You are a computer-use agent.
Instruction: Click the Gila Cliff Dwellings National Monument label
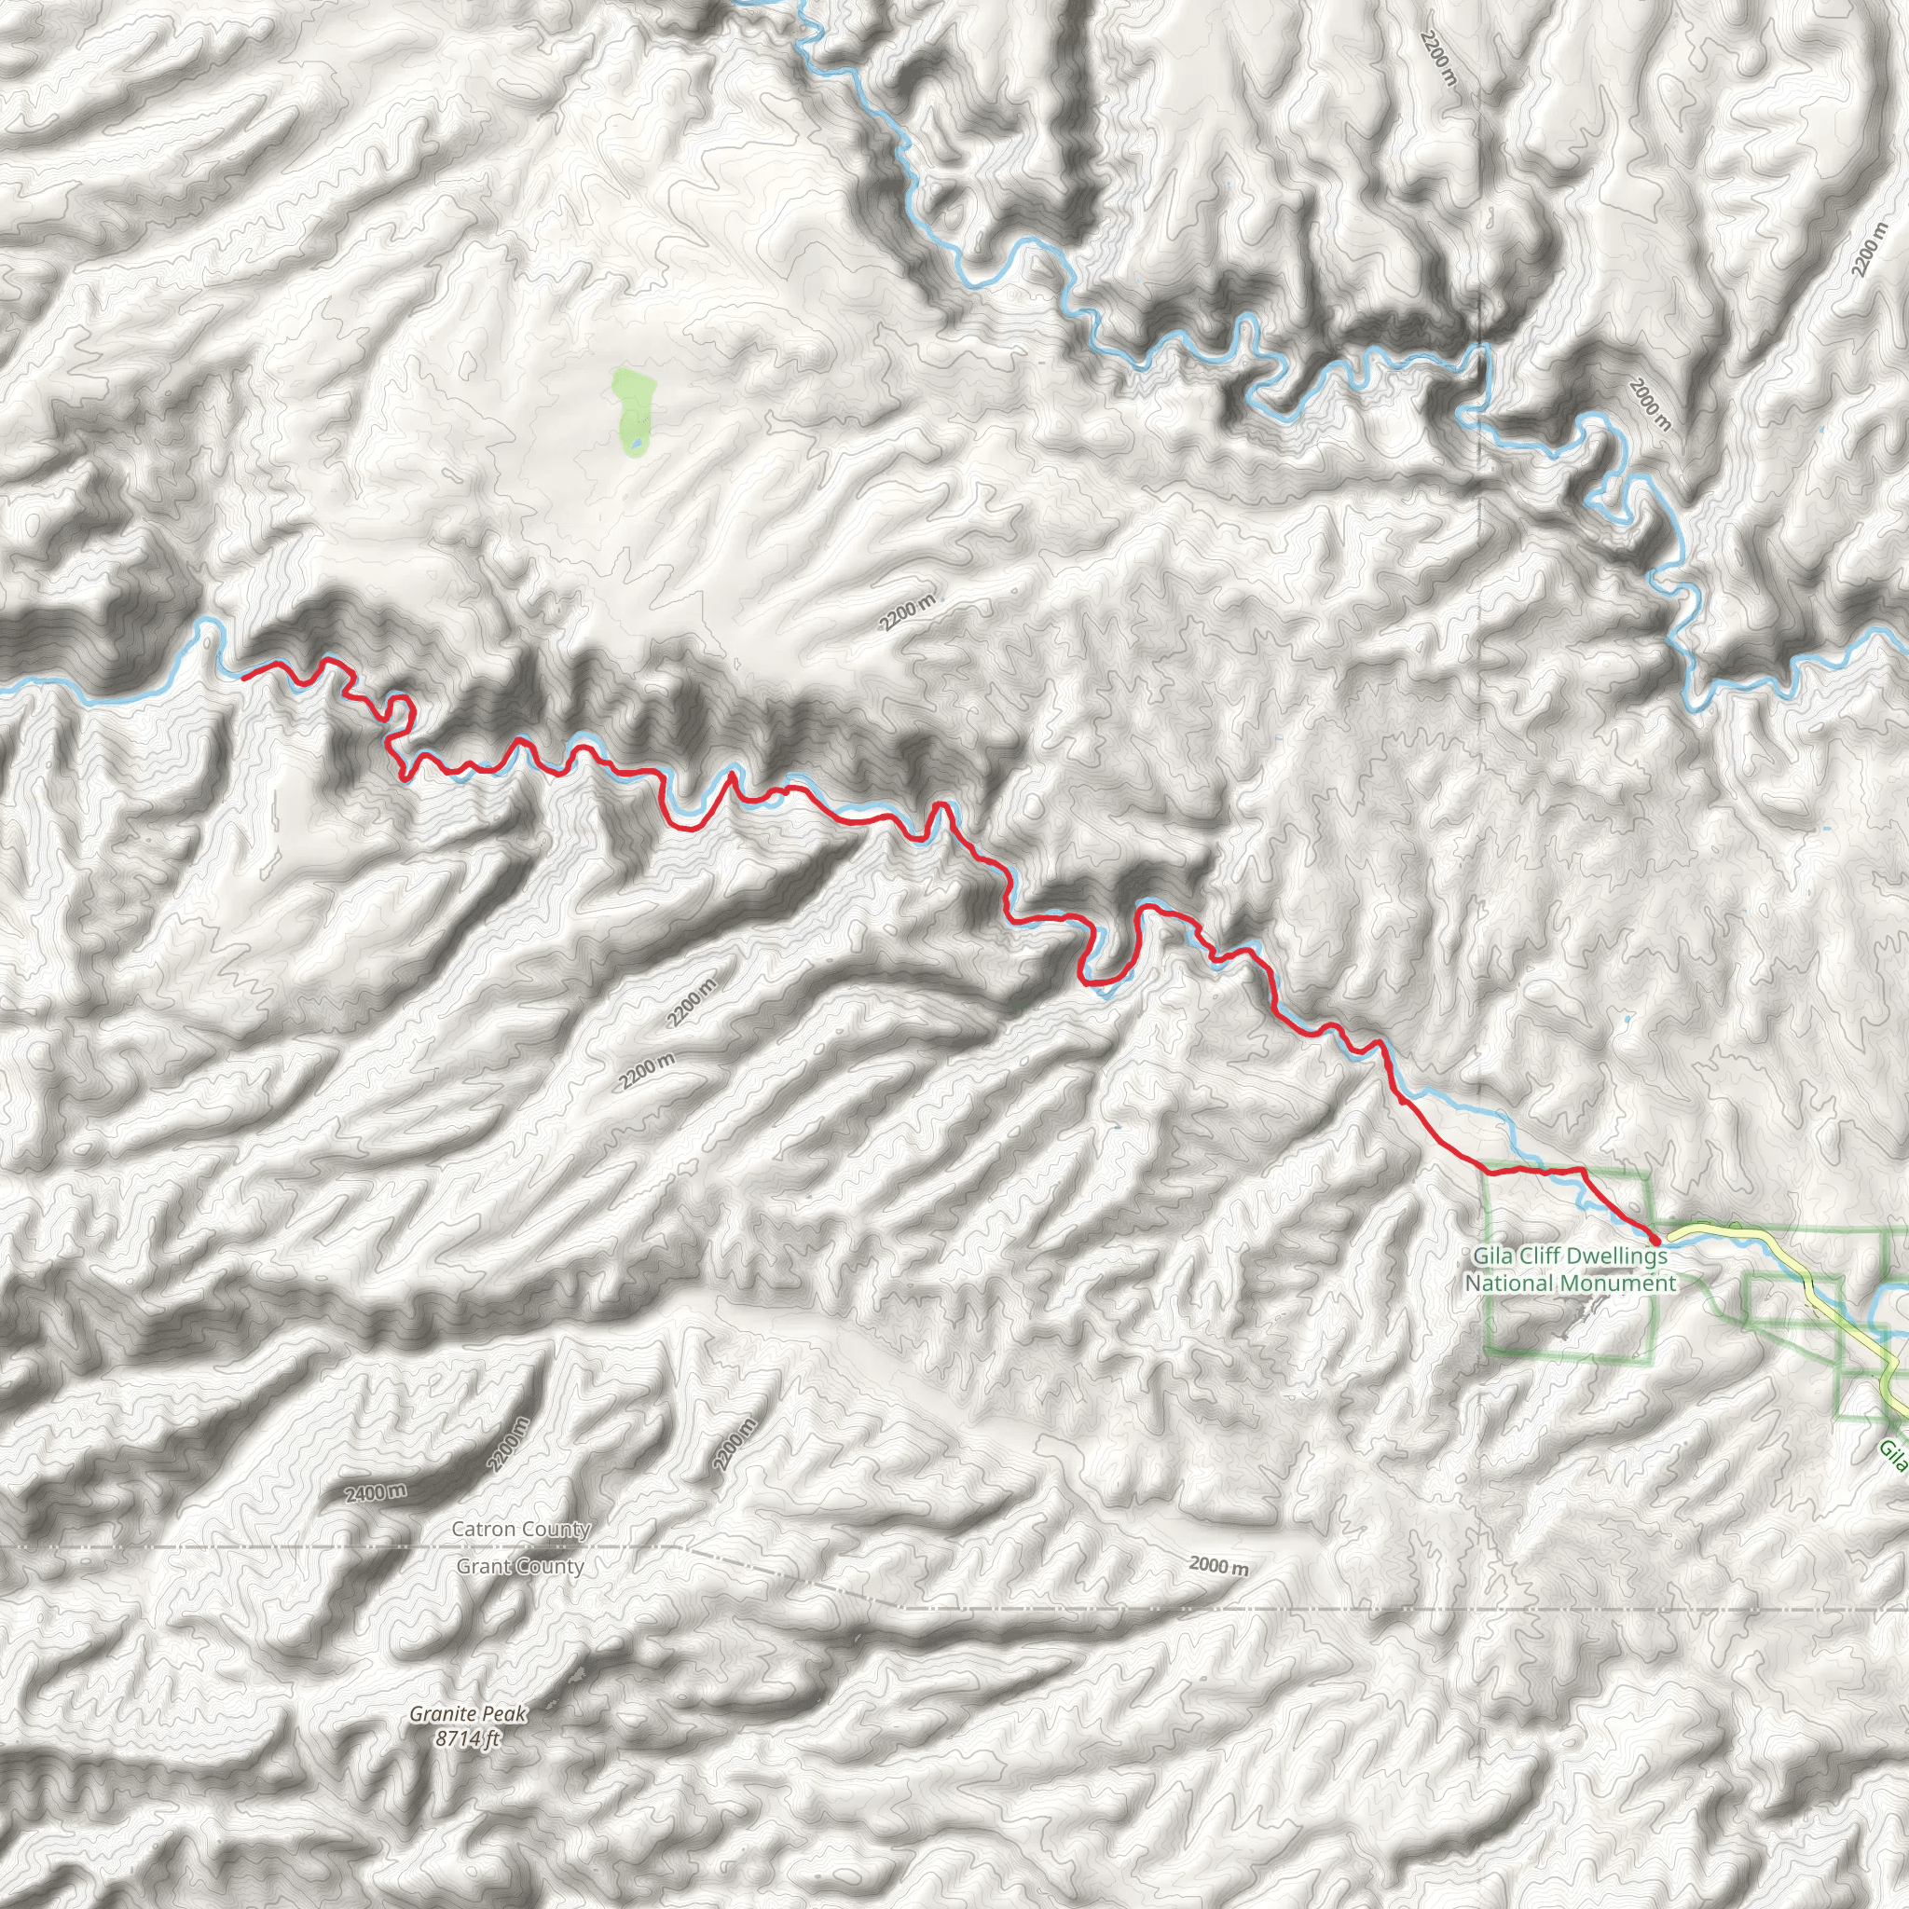[1570, 1270]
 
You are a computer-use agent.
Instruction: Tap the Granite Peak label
[468, 1713]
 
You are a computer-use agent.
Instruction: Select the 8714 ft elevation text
[466, 1739]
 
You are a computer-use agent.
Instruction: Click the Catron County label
[521, 1530]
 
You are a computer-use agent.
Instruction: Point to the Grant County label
[520, 1566]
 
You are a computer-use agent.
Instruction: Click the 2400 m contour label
[376, 1492]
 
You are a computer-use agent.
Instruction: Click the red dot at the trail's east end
[1655, 1238]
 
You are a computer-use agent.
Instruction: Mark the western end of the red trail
[243, 677]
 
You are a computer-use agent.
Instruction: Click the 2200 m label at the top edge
[1437, 57]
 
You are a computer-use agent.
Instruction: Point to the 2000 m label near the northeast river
[1650, 405]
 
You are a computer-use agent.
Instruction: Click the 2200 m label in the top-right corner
[1870, 249]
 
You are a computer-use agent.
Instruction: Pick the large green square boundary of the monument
[1488, 1284]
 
